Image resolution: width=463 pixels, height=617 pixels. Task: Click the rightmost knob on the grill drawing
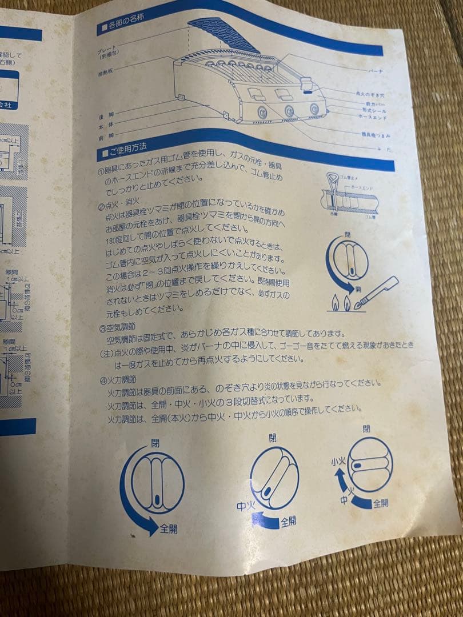pyautogui.click(x=314, y=109)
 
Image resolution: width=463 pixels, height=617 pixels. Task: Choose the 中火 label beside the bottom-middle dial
pyautogui.click(x=245, y=506)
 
